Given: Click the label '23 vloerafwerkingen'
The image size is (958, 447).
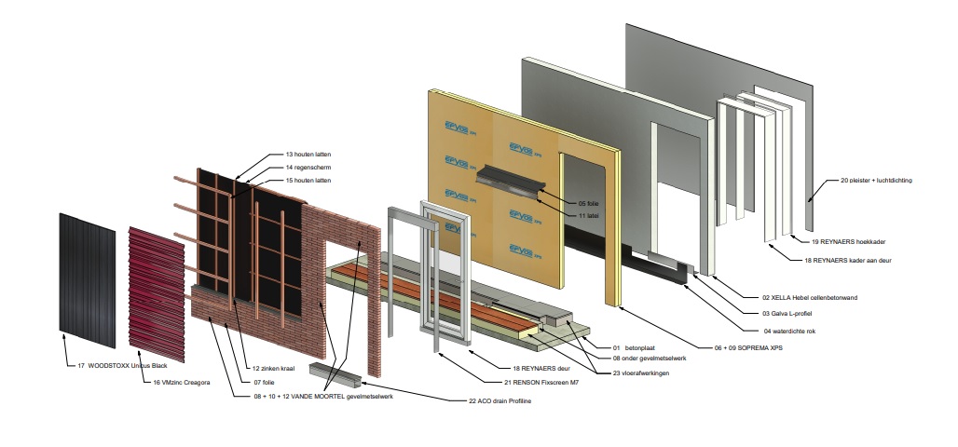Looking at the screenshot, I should click(641, 373).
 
